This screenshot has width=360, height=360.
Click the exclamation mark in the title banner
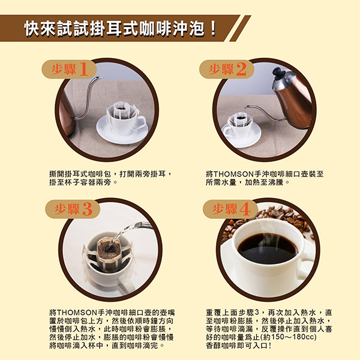click(x=213, y=28)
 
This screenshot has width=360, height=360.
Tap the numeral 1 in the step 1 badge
click(x=83, y=69)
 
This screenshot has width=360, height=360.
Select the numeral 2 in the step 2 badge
click(x=241, y=69)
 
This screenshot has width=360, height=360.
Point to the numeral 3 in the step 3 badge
click(x=87, y=209)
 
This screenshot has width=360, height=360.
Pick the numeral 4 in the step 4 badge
click(x=245, y=209)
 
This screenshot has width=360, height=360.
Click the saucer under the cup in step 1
click(x=122, y=131)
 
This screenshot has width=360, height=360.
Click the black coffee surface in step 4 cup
click(x=268, y=248)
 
